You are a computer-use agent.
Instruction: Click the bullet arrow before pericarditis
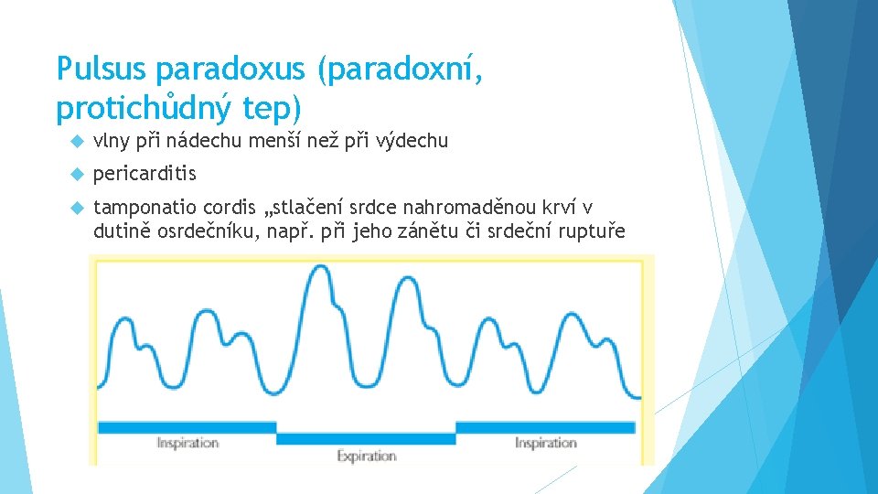pos(77,174)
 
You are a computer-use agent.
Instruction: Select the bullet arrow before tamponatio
pos(77,208)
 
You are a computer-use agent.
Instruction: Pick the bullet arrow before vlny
pos(77,141)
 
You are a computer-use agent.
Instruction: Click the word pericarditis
pos(145,174)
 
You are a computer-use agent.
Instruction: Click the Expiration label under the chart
pos(366,456)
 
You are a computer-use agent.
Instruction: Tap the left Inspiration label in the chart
pos(187,443)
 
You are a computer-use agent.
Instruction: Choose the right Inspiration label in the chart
pos(545,443)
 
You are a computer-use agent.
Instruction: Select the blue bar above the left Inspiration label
pos(185,427)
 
